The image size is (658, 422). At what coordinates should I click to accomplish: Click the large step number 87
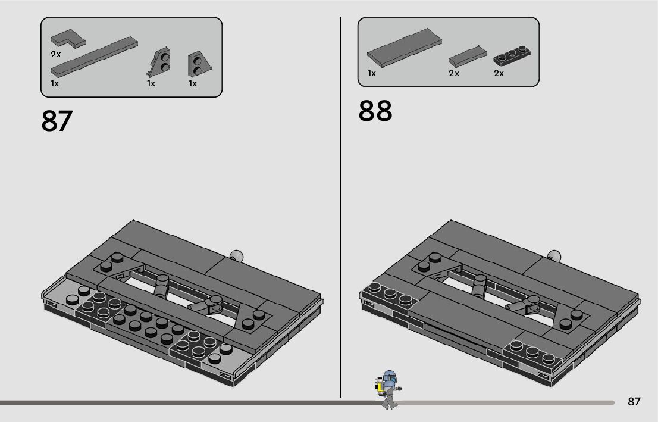click(x=57, y=121)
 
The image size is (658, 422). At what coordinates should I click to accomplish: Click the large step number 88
click(x=375, y=111)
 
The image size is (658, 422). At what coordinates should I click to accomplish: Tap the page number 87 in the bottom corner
click(x=634, y=401)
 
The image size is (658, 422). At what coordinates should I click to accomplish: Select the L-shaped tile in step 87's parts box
click(x=67, y=39)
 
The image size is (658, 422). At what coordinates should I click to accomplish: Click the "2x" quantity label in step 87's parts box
click(x=56, y=54)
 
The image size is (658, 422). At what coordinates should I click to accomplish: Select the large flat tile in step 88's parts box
click(x=405, y=46)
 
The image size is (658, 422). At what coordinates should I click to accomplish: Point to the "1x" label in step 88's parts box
click(x=372, y=74)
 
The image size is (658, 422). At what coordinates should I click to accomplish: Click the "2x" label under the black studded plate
click(x=499, y=74)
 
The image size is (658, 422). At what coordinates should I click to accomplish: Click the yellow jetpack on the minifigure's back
click(x=378, y=386)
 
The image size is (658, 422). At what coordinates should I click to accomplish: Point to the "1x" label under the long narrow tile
click(x=55, y=84)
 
